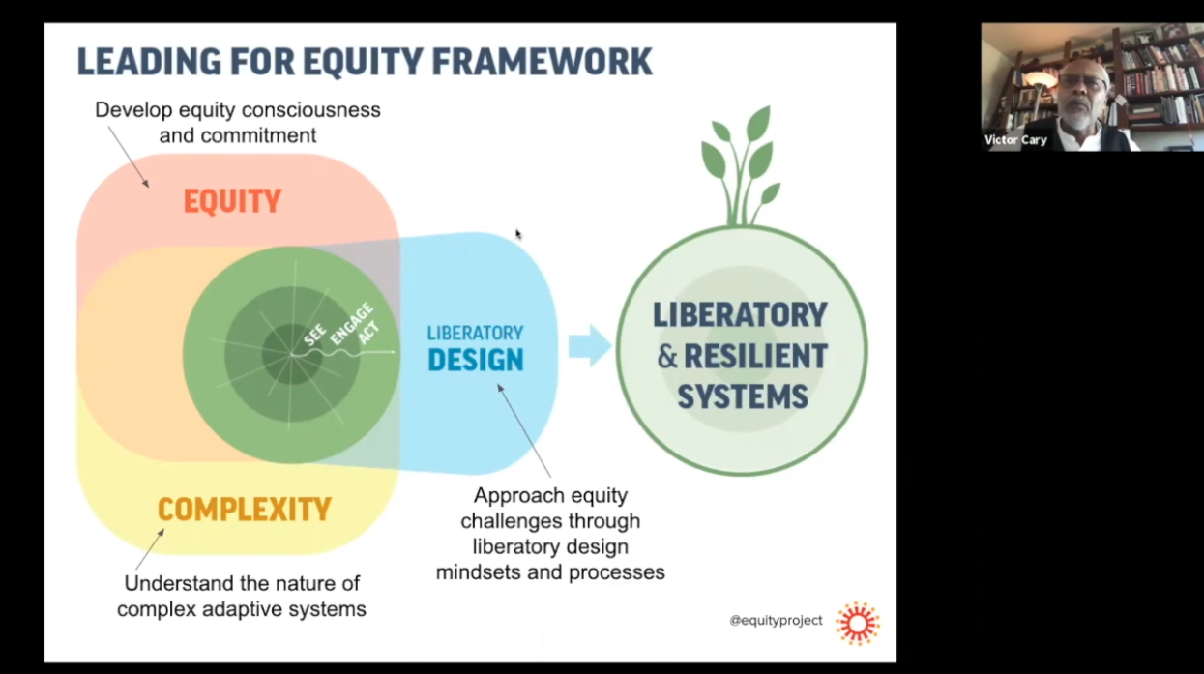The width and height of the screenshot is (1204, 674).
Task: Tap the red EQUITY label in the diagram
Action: tap(232, 201)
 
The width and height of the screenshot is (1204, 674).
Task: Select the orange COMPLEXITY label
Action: tap(244, 509)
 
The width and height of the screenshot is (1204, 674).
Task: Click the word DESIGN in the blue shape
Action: tap(475, 360)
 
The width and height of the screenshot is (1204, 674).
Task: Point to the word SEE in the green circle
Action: tap(315, 335)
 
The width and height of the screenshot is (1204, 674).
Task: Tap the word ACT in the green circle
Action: tap(368, 335)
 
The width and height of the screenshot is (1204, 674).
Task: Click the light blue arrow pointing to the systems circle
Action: tap(589, 346)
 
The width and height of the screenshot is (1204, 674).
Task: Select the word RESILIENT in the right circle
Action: tap(755, 356)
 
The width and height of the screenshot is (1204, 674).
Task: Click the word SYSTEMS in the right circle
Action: tap(742, 396)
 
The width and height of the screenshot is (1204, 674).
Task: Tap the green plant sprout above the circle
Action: tap(743, 164)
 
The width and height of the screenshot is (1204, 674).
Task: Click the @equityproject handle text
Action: tap(776, 620)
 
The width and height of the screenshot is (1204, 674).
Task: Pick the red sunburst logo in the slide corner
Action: tap(858, 623)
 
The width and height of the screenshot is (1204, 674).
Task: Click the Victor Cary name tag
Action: tap(1015, 140)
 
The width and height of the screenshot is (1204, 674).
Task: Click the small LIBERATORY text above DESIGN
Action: tap(475, 333)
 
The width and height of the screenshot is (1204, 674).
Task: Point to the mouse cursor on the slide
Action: tap(518, 234)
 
